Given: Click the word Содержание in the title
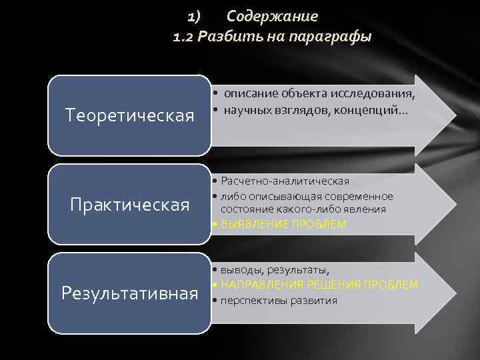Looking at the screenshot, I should coord(272,16).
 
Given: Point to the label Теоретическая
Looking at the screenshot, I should coord(130,116).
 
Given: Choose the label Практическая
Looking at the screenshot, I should coord(130,204).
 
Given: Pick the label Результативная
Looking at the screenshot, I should coord(130,293).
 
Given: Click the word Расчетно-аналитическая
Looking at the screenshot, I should coord(285,181).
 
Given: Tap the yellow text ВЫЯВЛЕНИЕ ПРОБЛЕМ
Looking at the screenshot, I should coord(283,225).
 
